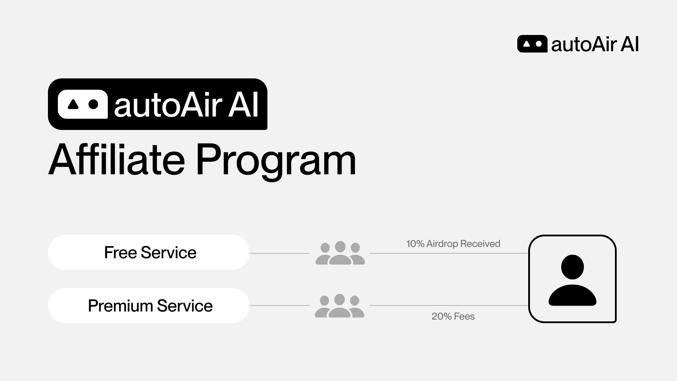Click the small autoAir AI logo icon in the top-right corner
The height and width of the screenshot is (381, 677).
(x=532, y=44)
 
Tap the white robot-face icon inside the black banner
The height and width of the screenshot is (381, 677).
(x=83, y=104)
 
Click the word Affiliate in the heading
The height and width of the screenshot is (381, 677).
(x=117, y=161)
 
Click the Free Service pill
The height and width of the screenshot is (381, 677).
(x=148, y=252)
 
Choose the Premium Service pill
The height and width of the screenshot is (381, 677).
(x=148, y=306)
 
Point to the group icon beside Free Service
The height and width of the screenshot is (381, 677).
(x=340, y=253)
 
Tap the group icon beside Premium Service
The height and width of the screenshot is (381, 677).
(x=339, y=306)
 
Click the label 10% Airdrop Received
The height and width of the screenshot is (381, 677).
(x=453, y=244)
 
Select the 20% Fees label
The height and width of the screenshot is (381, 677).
(x=453, y=316)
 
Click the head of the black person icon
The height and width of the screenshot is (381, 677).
(x=572, y=267)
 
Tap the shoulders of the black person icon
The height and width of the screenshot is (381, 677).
(x=572, y=295)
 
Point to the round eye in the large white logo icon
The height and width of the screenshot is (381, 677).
(x=93, y=104)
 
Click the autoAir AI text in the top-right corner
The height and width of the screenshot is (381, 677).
(x=595, y=44)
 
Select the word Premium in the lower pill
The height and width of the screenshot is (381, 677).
(x=120, y=306)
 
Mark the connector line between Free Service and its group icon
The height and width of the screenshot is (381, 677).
(x=279, y=253)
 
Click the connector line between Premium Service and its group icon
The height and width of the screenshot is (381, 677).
(x=279, y=306)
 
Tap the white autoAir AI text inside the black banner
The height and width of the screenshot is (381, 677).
(x=187, y=105)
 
